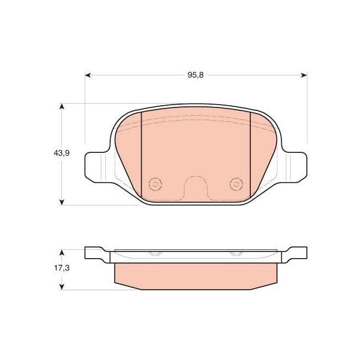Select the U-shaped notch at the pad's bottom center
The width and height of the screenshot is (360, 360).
[x=196, y=188]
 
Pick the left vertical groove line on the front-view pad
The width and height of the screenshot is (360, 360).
[x=142, y=155]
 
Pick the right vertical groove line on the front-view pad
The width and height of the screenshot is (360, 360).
[x=251, y=155]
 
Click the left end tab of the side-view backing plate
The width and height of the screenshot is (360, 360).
[x=93, y=253]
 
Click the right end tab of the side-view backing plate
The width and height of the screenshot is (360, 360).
[x=297, y=253]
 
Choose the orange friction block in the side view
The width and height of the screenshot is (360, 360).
[x=196, y=275]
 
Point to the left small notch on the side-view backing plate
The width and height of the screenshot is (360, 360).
[x=156, y=254]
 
